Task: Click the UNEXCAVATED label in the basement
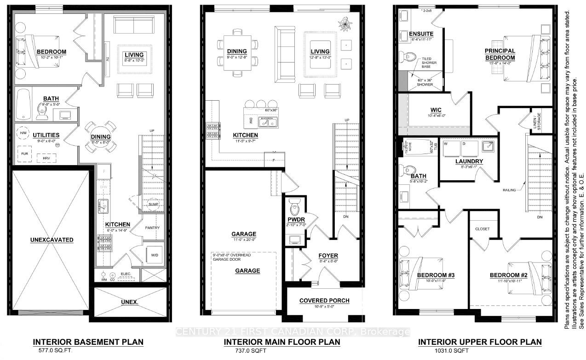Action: coord(52,240)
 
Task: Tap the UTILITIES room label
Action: coord(46,135)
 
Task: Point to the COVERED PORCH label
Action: coord(324,301)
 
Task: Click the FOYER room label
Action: coord(328,256)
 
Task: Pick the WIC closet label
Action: coord(436,110)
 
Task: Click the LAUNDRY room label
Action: coord(469,161)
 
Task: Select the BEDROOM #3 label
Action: coord(436,275)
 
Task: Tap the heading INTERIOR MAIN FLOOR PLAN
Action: coord(282,342)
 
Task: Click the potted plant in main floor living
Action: coord(344,22)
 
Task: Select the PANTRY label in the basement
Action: coord(152,228)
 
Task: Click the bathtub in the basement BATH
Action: coord(22,104)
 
